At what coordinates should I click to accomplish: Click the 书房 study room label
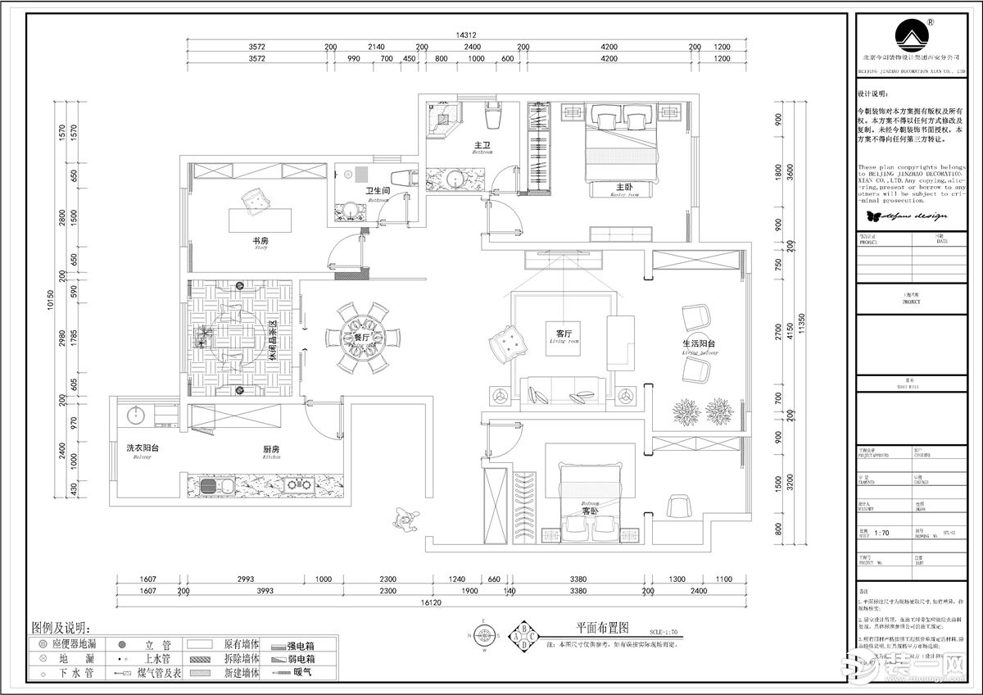pos(260,241)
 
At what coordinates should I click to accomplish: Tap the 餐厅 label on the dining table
pos(361,338)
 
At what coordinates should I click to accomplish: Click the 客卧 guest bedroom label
pos(591,510)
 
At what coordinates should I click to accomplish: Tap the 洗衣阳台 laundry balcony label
pos(143,448)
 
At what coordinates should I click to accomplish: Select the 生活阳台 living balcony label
pos(699,344)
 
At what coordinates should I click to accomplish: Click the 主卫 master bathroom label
pos(482,144)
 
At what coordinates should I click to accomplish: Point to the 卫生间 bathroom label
pos(377,190)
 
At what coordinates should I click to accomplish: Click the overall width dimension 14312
pos(466,35)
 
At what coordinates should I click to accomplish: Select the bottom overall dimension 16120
pos(433,602)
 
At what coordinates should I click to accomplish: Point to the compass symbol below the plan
pos(484,634)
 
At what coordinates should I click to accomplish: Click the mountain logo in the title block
pos(911,34)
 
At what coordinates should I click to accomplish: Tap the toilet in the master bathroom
pos(491,118)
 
